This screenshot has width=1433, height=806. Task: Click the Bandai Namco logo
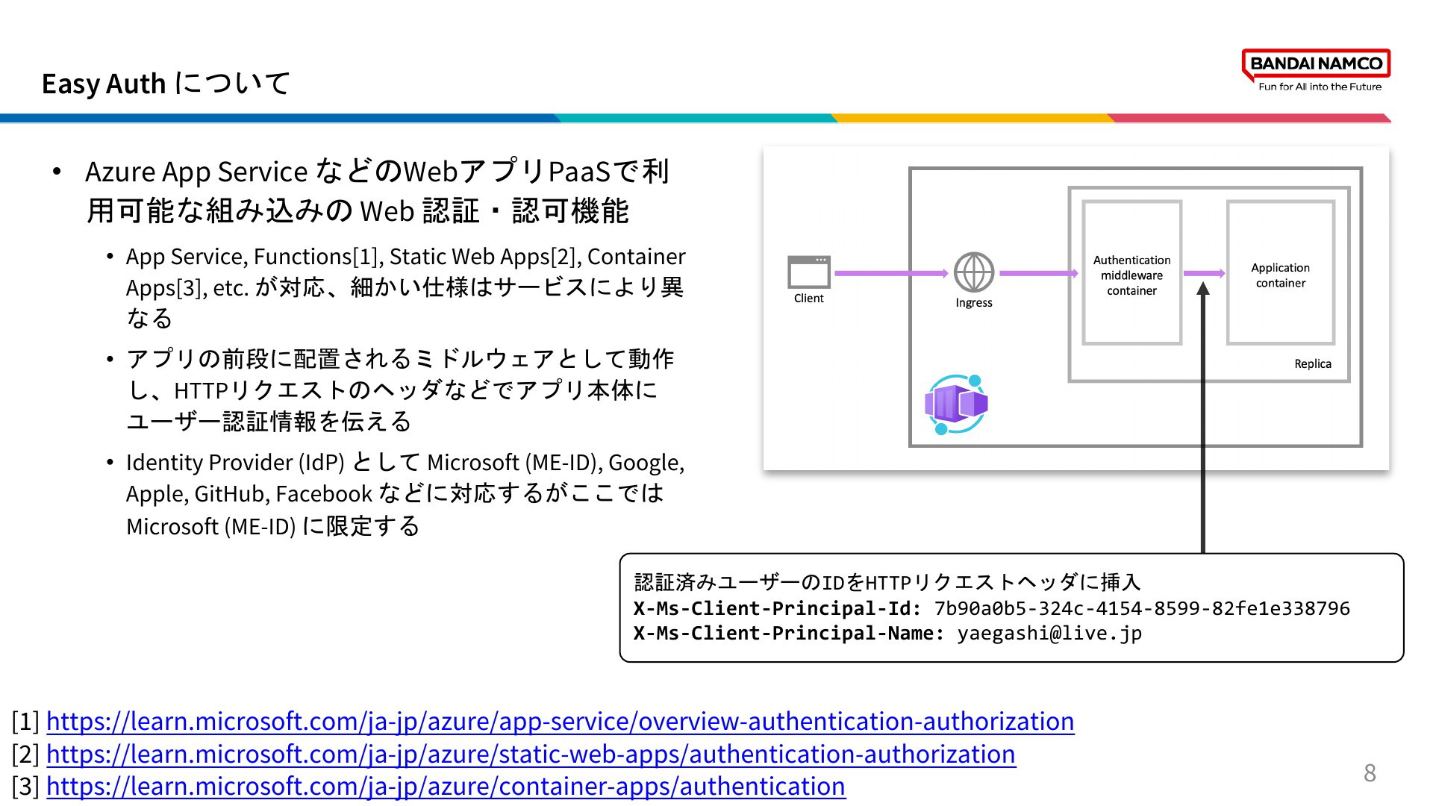[x=1317, y=70]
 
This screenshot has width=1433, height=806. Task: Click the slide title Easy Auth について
[x=166, y=84]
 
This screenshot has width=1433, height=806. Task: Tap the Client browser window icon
[x=809, y=272]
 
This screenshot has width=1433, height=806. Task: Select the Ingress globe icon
[x=974, y=272]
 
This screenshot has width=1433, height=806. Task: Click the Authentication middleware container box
[x=1132, y=272]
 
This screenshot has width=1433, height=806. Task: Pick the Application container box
[x=1281, y=272]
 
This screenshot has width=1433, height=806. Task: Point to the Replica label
[x=1313, y=363]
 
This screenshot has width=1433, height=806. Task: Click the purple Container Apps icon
[x=956, y=404]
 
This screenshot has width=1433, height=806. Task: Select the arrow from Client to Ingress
[x=891, y=273]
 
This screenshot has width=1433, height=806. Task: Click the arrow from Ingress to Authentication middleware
[x=1039, y=273]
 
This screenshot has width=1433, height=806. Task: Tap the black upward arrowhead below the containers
[x=1203, y=288]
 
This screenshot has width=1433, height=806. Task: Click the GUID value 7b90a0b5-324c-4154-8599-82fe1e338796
[x=1142, y=608]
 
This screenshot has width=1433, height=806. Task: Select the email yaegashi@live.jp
[x=1049, y=634]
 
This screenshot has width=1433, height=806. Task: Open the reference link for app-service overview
[x=561, y=721]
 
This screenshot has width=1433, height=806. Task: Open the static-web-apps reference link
[x=531, y=754]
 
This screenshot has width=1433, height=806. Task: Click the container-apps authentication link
[x=446, y=786]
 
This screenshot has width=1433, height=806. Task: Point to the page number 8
[x=1370, y=773]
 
